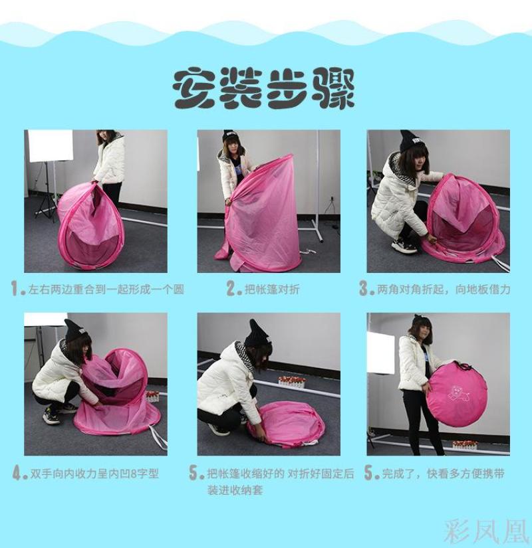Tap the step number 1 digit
point(15,289)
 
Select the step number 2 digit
point(231,289)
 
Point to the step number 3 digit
point(364,289)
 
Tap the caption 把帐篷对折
point(272,290)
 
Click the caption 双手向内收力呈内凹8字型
point(94,474)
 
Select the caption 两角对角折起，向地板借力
point(444,290)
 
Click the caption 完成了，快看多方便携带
point(443,474)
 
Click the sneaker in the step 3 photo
point(404,245)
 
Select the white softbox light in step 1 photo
point(51,145)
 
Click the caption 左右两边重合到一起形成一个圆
point(106,290)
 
